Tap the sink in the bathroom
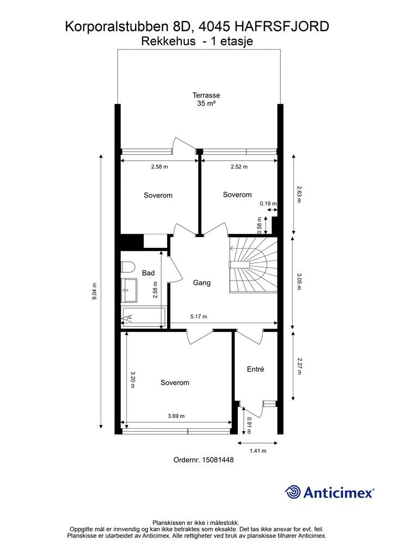[130, 290]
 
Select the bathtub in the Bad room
[143, 317]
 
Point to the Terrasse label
[206, 95]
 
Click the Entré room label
[255, 369]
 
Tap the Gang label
[202, 283]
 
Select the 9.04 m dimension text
[94, 291]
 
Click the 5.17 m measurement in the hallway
[199, 317]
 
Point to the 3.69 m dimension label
[176, 416]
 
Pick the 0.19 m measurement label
[268, 204]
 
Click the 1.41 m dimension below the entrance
[258, 451]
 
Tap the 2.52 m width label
[239, 167]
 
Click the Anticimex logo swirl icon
[293, 492]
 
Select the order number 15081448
[218, 460]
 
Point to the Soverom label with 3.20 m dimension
[175, 383]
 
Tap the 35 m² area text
[206, 104]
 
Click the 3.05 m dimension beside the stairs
[299, 282]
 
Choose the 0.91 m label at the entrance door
[249, 426]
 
